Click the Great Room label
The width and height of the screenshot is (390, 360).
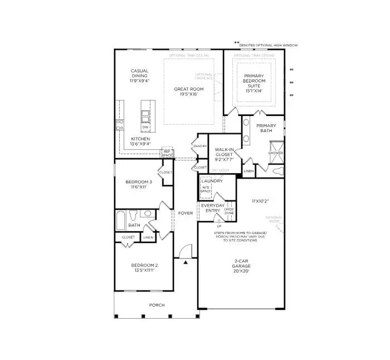pos(188,91)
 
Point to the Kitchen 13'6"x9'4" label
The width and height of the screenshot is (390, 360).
pos(140,142)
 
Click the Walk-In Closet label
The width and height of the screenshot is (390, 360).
pos(223,154)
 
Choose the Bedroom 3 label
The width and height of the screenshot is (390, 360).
pos(139,184)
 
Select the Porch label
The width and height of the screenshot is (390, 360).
pos(157,305)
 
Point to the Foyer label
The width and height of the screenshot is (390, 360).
pos(186,213)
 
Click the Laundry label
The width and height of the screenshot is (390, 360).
pos(212,181)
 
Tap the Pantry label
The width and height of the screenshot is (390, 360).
pos(200,146)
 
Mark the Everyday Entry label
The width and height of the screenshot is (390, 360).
pos(212,208)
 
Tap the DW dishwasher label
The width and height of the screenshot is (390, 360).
pos(145,127)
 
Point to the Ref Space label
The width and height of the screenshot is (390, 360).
pos(167,153)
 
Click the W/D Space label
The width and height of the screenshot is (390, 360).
pos(206,189)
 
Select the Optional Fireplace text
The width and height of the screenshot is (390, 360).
pos(203,77)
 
